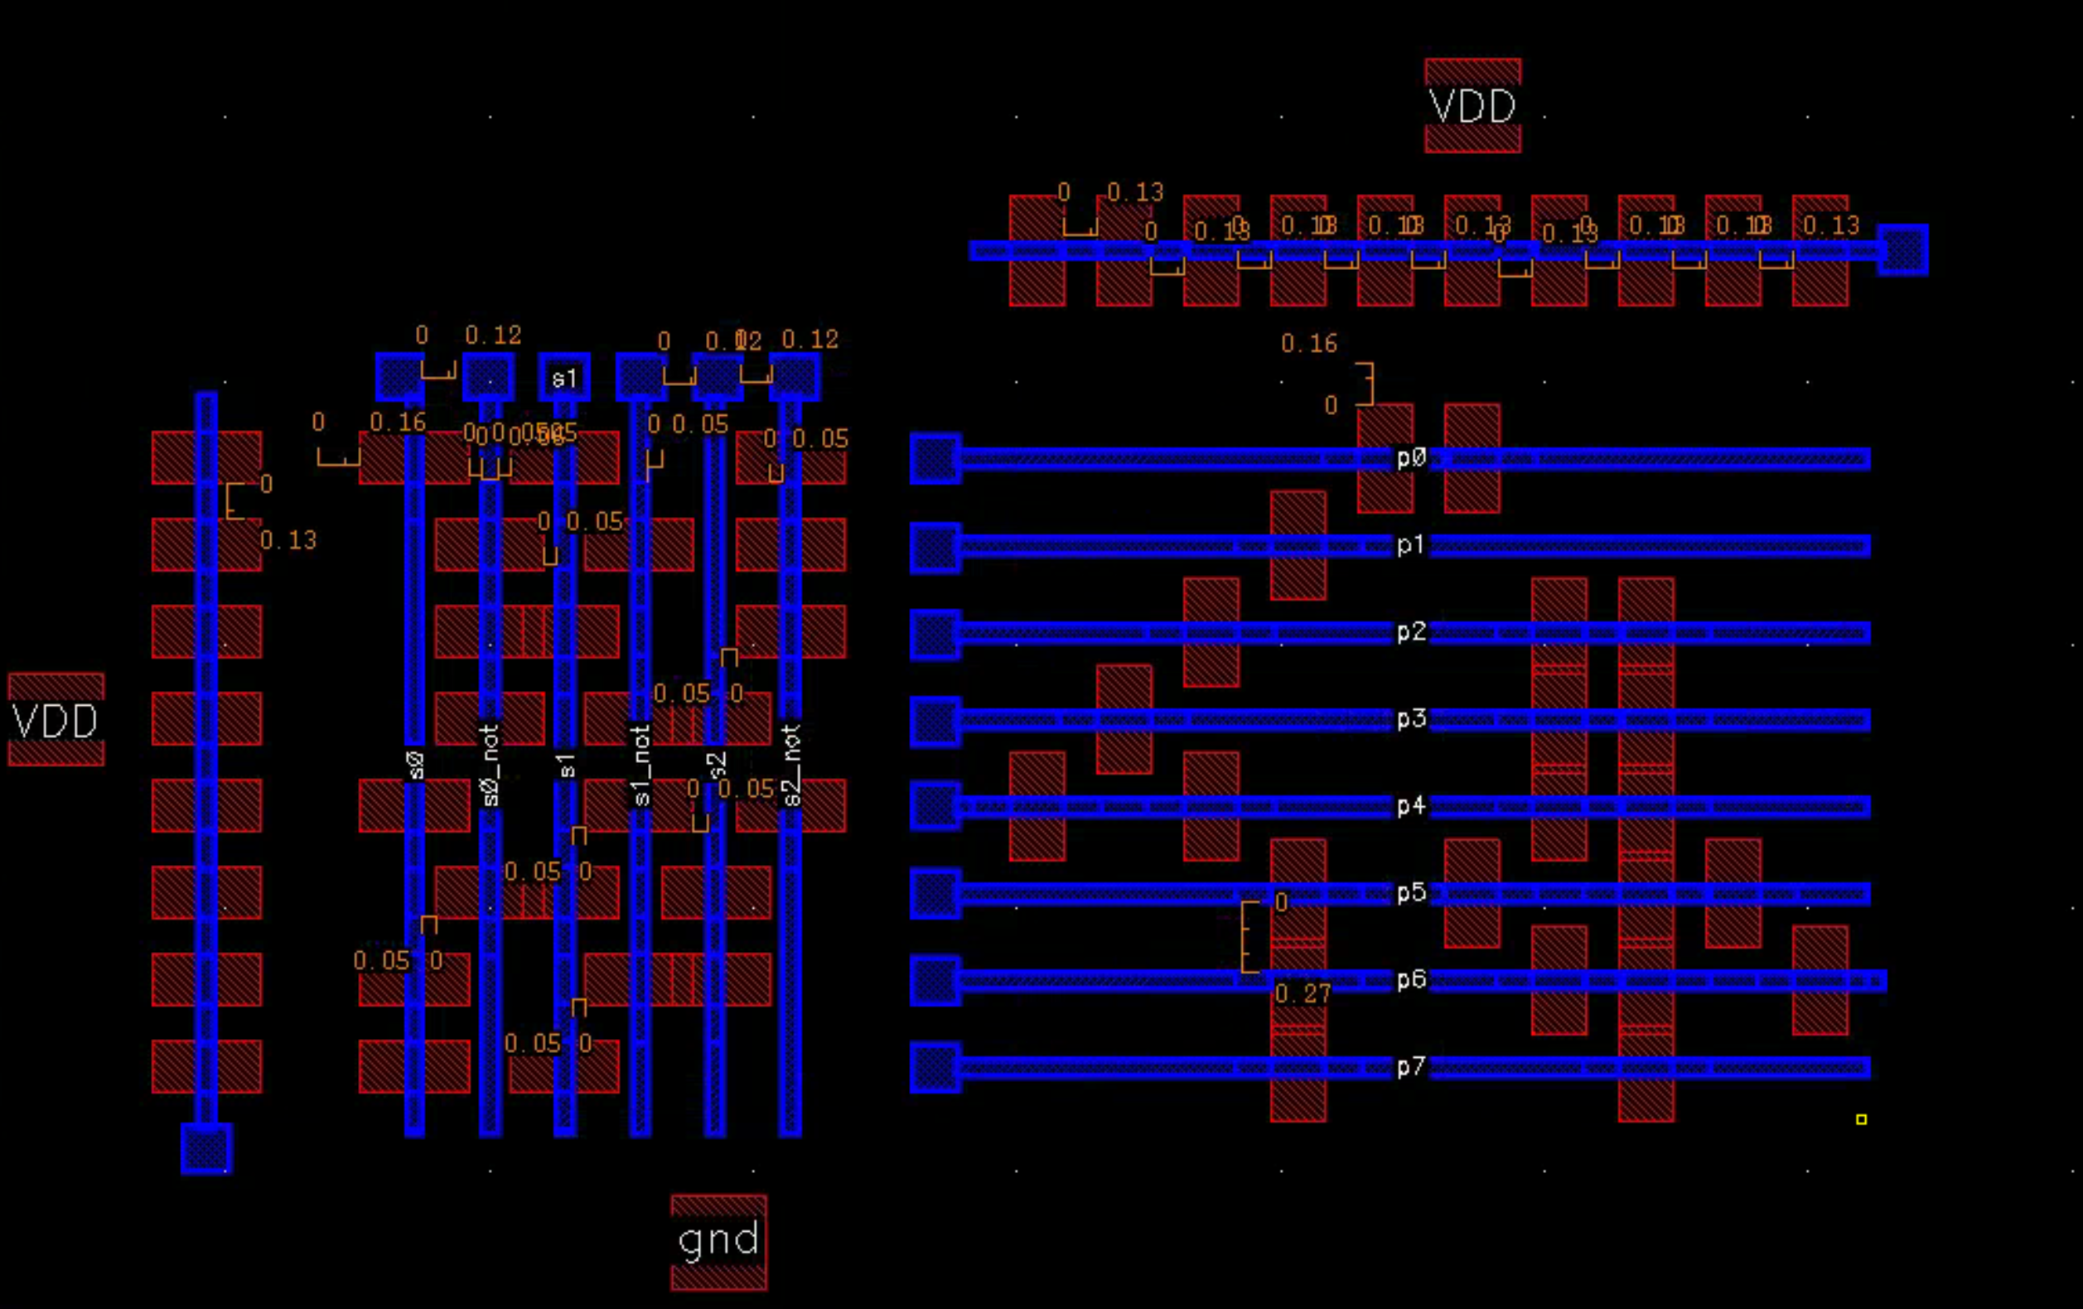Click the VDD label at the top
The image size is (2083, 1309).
[1472, 106]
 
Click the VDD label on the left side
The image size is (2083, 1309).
[56, 721]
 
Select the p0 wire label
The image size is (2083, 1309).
[1411, 457]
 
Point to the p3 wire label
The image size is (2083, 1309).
[1411, 719]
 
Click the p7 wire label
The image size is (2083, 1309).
[1411, 1067]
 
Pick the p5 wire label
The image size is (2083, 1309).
[1411, 893]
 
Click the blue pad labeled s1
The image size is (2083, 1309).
[564, 377]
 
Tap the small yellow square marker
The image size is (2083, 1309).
[1861, 1119]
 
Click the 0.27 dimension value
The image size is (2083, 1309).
[1302, 994]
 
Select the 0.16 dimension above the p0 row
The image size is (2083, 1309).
[1309, 344]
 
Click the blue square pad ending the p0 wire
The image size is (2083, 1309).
[935, 458]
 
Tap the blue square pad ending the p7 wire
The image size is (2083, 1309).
[935, 1068]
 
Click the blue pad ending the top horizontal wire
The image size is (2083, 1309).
[1902, 250]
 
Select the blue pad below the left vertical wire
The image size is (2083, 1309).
[205, 1148]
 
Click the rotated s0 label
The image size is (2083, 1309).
[415, 765]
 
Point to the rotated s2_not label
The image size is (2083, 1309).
[790, 766]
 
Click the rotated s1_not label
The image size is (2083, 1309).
[641, 766]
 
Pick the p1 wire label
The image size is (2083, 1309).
[1411, 545]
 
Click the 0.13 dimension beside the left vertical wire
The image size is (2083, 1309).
[288, 541]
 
